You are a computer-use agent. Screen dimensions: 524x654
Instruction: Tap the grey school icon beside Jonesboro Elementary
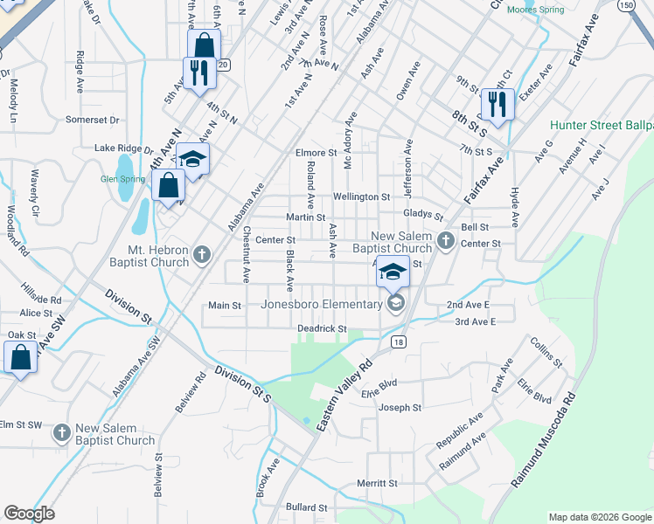pyautogui.click(x=396, y=303)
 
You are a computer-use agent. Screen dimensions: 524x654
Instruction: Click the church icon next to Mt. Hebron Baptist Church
pyautogui.click(x=203, y=255)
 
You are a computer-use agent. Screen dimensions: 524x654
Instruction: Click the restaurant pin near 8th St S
pyautogui.click(x=497, y=105)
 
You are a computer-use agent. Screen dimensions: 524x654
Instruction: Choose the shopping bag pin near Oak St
pyautogui.click(x=20, y=356)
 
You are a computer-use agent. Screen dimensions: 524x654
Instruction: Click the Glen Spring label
pyautogui.click(x=122, y=179)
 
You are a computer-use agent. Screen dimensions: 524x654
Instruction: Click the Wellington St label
pyautogui.click(x=361, y=197)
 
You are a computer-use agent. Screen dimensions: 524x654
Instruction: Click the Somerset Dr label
pyautogui.click(x=92, y=120)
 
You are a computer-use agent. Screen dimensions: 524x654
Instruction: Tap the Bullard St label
pyautogui.click(x=306, y=507)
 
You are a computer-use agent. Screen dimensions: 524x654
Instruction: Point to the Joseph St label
pyautogui.click(x=400, y=408)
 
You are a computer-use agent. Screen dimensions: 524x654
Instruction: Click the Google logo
pyautogui.click(x=30, y=513)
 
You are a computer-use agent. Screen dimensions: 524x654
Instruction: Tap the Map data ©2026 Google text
pyautogui.click(x=600, y=517)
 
